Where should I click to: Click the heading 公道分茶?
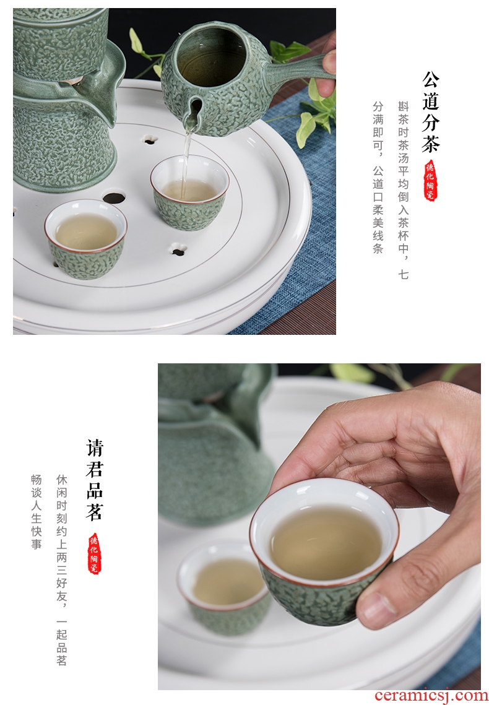[431, 112]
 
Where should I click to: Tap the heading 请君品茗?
[94, 480]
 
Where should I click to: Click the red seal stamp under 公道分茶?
[431, 180]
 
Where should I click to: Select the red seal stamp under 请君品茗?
[94, 553]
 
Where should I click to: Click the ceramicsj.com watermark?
[431, 696]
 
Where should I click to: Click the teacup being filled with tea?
[189, 192]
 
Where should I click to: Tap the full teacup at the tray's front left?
[86, 239]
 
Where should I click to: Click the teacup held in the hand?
[324, 551]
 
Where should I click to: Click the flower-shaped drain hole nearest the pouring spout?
[150, 140]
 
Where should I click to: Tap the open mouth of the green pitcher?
[211, 50]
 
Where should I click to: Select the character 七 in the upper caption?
[403, 274]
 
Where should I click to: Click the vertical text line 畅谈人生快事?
[37, 511]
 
